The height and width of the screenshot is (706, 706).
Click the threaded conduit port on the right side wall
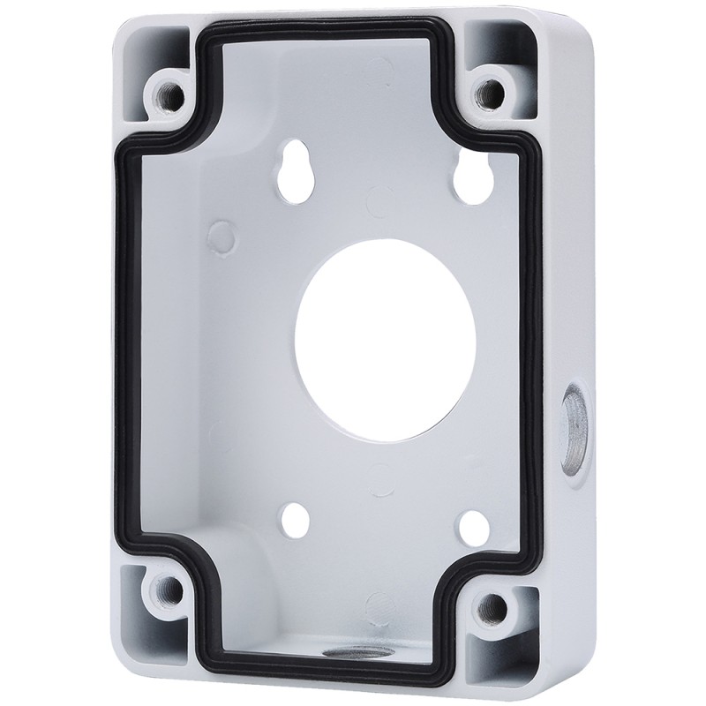tap(573, 422)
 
